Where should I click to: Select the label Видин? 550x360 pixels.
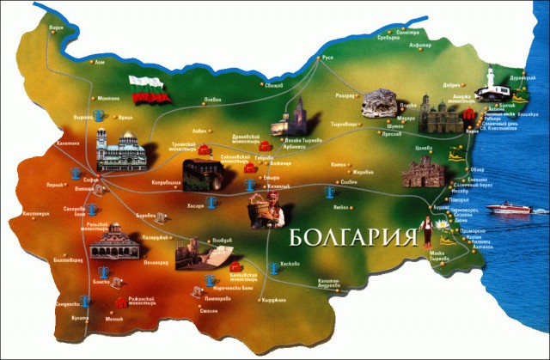pyautogui.click(x=57, y=27)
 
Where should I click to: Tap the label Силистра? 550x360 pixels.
pyautogui.click(x=394, y=32)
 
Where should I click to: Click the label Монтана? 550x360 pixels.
pyautogui.click(x=109, y=97)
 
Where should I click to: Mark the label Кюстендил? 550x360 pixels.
pyautogui.click(x=32, y=212)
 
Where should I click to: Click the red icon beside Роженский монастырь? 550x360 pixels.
pyautogui.click(x=119, y=302)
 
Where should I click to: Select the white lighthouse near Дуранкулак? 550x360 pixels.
pyautogui.click(x=492, y=83)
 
